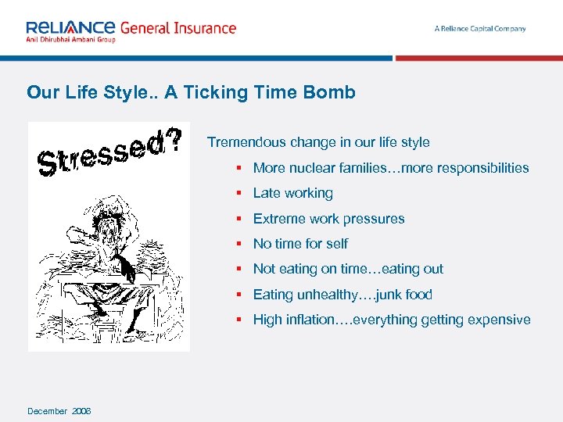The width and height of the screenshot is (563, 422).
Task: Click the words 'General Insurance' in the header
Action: tap(178, 27)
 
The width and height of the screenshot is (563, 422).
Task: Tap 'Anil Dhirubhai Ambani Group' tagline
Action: tap(70, 40)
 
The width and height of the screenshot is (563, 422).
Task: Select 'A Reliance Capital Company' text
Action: tap(480, 29)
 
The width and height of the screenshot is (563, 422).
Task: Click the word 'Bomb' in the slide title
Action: tap(332, 92)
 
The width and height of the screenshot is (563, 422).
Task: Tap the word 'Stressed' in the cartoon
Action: tap(102, 152)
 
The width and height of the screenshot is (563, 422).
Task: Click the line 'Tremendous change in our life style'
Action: tap(318, 142)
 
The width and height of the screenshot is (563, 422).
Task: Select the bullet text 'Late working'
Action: tap(293, 193)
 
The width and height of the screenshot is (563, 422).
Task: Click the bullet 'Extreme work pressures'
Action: tap(328, 219)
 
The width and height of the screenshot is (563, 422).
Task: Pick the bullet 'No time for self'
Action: tap(300, 244)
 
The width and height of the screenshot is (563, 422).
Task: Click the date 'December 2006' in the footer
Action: tap(59, 411)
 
